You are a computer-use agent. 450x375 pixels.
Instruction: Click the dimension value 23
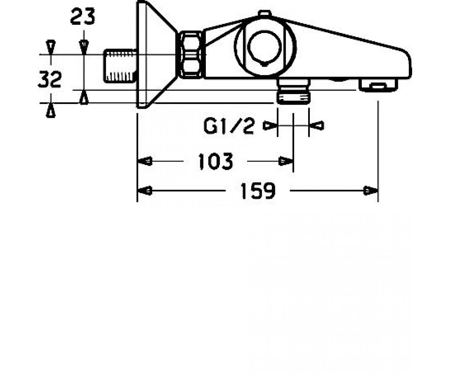[x=82, y=16]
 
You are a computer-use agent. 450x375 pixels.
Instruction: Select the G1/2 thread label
[x=229, y=126]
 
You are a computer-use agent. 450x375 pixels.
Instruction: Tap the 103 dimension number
[x=216, y=161]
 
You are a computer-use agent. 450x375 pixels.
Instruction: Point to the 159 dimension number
[x=258, y=191]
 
